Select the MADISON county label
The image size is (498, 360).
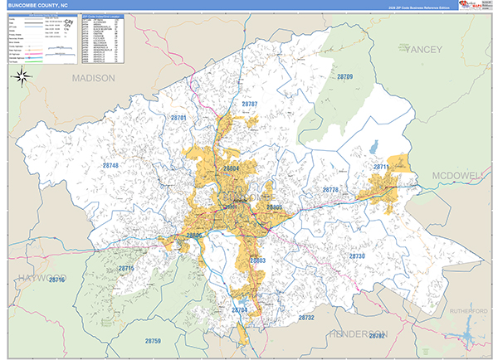point(93,78)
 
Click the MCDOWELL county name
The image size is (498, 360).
point(457,176)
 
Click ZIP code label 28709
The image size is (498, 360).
point(344,77)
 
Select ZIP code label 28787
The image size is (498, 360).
point(250,105)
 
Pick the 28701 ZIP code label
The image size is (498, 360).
point(178,119)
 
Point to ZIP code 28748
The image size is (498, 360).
point(111,166)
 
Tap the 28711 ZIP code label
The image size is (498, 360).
point(381,168)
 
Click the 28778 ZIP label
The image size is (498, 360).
point(330,190)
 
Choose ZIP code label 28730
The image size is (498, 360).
point(356,256)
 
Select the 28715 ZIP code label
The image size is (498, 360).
point(126,269)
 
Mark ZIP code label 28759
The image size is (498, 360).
point(153,341)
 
